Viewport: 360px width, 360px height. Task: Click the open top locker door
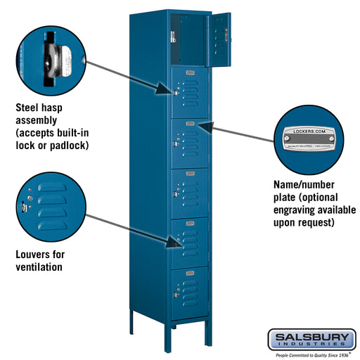tap(219, 39)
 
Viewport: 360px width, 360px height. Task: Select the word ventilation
tap(40, 266)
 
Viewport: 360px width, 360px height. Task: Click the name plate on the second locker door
tap(188, 73)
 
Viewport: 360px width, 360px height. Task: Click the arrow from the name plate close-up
tap(240, 133)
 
